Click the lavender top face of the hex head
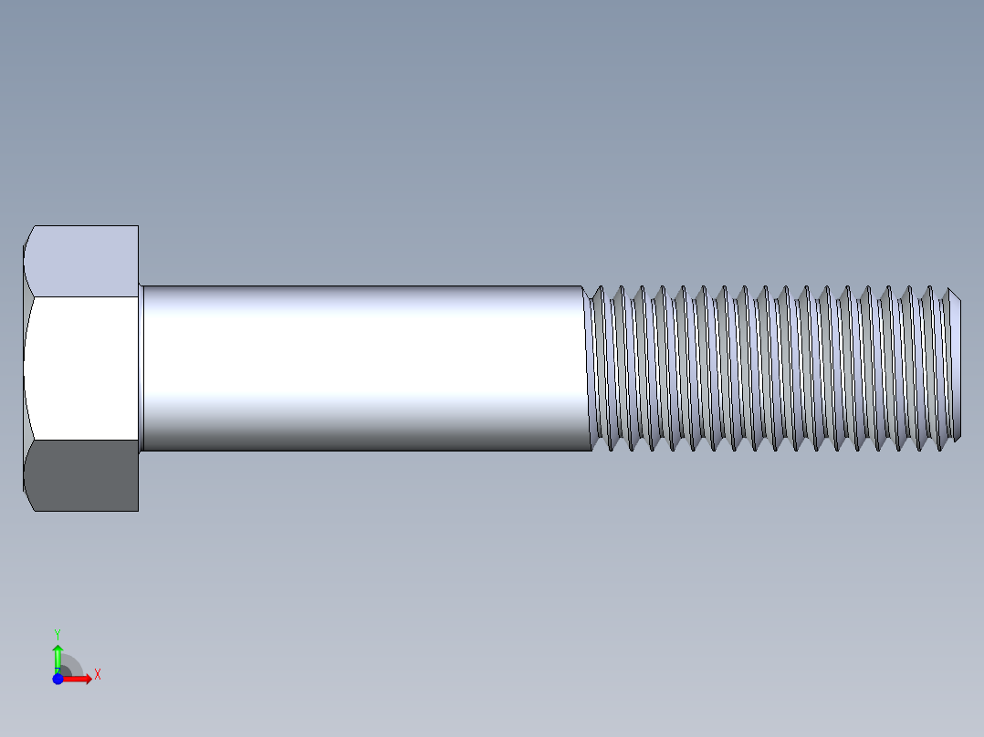click(x=82, y=261)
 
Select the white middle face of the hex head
click(x=82, y=368)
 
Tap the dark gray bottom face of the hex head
click(x=82, y=475)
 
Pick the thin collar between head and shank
click(x=141, y=368)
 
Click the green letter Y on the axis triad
click(x=58, y=632)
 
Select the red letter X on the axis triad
click(x=97, y=675)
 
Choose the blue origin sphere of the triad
click(x=58, y=679)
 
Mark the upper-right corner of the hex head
click(x=138, y=226)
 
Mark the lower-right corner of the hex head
click(x=138, y=510)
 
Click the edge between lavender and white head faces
click(x=82, y=296)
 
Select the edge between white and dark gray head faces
click(x=82, y=440)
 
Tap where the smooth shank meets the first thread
click(x=587, y=368)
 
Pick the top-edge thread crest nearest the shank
click(x=600, y=287)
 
